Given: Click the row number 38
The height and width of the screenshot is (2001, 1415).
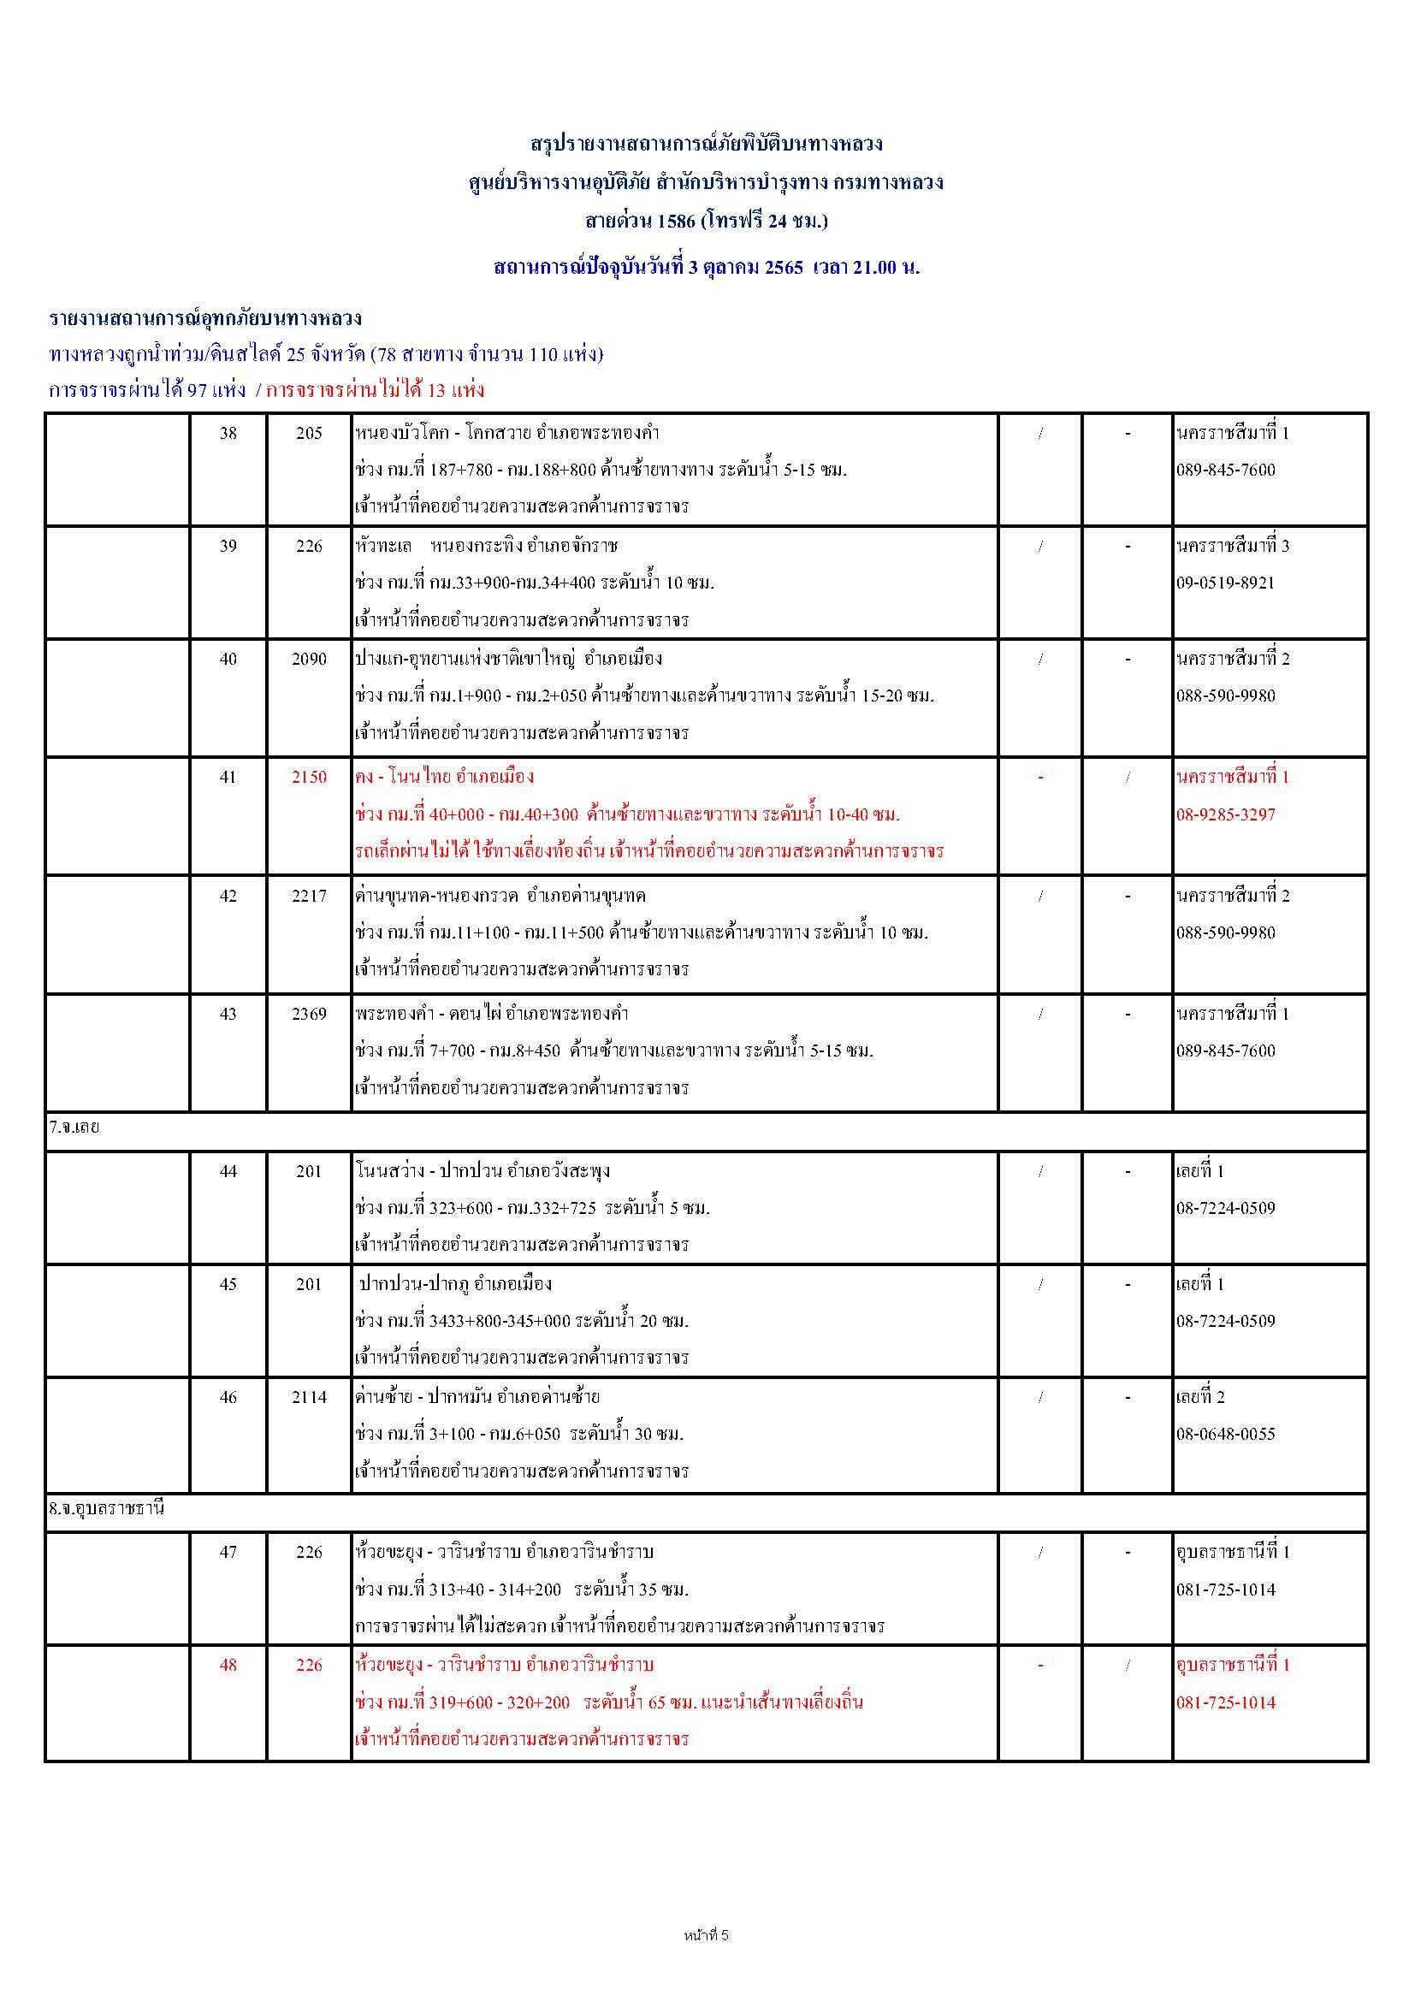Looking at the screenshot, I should (x=228, y=433).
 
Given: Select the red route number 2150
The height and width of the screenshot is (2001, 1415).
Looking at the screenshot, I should (x=309, y=777).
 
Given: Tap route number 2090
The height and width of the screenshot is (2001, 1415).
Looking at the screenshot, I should (x=309, y=659).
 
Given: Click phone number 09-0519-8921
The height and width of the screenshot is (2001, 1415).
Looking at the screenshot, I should (x=1225, y=583).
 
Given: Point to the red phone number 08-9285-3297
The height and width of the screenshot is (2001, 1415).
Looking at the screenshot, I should (x=1225, y=815).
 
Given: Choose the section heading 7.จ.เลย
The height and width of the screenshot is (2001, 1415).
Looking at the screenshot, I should (x=74, y=1127).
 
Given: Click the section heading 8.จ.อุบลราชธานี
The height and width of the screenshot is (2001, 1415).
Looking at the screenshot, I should (x=106, y=1507).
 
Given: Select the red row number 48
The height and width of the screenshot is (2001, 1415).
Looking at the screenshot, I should (x=228, y=1665).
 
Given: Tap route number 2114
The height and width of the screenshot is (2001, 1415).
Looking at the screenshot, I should (x=309, y=1397).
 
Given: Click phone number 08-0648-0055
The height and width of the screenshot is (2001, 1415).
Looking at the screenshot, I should (x=1225, y=1434).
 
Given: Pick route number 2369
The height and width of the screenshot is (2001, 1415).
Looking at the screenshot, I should (x=309, y=1014).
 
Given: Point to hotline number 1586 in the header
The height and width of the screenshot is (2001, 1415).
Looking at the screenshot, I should (x=676, y=221).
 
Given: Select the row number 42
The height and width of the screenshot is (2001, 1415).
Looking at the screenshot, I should (x=228, y=896).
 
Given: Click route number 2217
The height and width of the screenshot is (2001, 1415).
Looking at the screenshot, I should (x=309, y=896).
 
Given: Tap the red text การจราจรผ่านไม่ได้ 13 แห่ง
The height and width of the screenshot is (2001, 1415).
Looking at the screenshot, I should (x=375, y=390).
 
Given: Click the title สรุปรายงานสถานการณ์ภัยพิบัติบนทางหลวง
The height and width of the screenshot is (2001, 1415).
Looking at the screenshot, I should (x=707, y=143).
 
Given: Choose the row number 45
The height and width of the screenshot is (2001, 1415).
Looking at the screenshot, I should (x=228, y=1284).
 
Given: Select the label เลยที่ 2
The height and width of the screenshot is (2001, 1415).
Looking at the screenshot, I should (x=1199, y=1397).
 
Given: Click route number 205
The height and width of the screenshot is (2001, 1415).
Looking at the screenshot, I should (x=309, y=433).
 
